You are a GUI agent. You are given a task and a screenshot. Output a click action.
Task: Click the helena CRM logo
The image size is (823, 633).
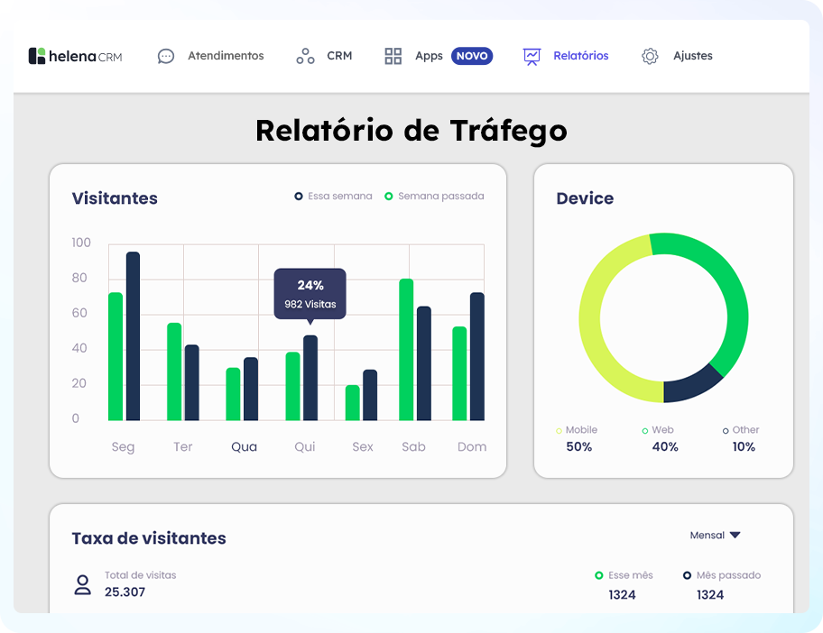[75, 56]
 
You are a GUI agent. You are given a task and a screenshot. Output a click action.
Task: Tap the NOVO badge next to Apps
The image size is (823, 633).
[472, 56]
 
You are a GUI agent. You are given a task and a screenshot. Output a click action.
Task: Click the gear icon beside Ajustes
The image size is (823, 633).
[650, 56]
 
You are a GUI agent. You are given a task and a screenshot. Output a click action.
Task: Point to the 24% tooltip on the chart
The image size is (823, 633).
[310, 294]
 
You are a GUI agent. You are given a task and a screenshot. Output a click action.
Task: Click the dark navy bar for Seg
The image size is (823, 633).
[133, 335]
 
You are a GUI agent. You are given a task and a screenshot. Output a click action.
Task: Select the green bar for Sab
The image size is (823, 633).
[406, 349]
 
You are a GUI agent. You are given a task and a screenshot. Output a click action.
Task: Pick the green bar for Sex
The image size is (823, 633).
[352, 402]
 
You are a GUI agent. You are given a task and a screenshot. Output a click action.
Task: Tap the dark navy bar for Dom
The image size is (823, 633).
[477, 356]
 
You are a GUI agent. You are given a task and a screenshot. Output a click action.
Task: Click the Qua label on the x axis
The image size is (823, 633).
[244, 446]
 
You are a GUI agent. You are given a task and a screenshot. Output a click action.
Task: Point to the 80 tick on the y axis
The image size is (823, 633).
[79, 278]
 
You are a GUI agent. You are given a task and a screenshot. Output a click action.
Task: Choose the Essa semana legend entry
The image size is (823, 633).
[333, 196]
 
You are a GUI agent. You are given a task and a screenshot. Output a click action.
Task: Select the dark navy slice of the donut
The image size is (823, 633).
[691, 387]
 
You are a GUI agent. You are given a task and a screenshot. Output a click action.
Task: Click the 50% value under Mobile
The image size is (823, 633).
[578, 447]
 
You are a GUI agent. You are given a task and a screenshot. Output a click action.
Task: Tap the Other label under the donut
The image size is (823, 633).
[745, 430]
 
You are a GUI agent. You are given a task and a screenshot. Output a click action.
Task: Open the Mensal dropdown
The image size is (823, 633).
[715, 535]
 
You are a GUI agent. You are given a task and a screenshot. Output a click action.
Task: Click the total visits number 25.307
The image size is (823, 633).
[125, 592]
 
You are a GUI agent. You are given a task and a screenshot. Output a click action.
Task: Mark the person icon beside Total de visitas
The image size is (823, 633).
[83, 584]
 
